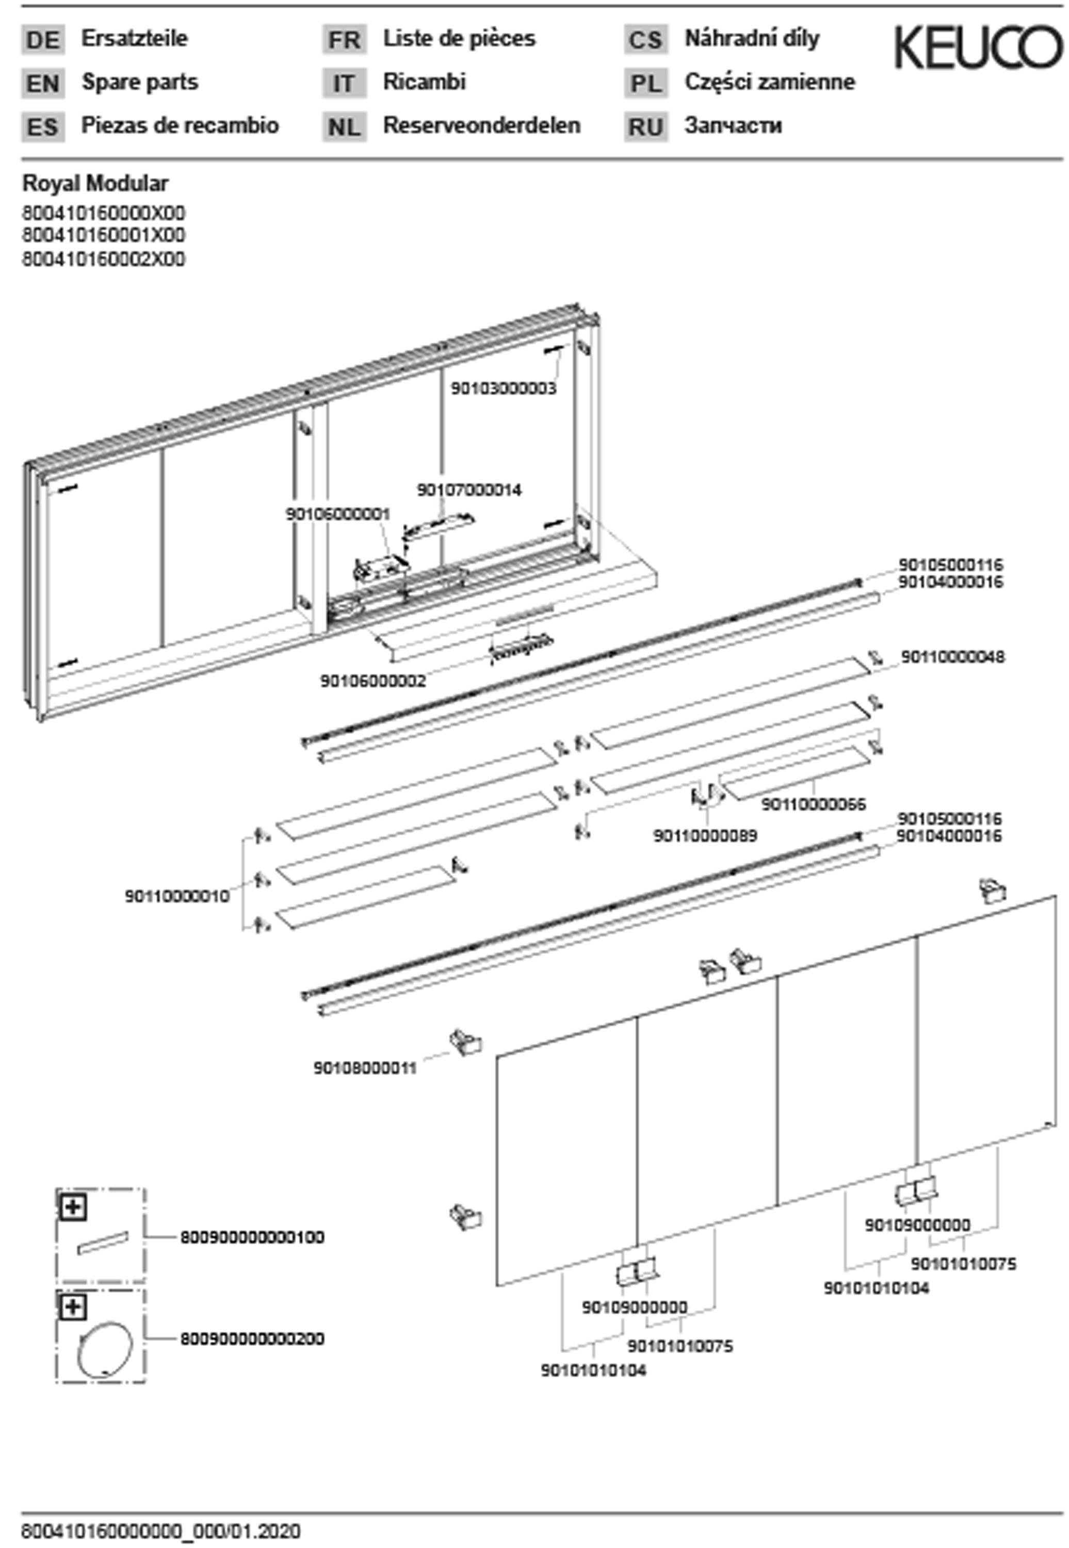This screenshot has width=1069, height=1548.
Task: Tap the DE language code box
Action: coord(43,40)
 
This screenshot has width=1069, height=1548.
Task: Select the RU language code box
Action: coord(645,126)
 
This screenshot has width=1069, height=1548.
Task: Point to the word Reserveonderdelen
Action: coord(481,125)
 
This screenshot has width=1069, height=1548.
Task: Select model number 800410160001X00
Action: coord(104,235)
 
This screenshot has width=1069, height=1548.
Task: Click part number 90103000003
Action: coord(503,389)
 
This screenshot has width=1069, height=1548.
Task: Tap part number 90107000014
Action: coord(469,490)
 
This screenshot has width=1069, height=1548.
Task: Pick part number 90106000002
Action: coord(373,681)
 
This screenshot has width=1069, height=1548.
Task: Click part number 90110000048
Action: coord(952,657)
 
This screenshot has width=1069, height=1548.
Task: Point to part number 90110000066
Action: coord(813,804)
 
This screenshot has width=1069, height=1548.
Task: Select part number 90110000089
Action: coord(705,836)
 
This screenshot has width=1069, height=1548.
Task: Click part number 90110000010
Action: coord(177,896)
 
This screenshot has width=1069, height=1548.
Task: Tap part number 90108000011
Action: coord(365,1068)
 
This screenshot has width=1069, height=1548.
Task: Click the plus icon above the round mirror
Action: coord(72,1307)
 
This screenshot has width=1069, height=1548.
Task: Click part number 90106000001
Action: coord(337,514)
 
